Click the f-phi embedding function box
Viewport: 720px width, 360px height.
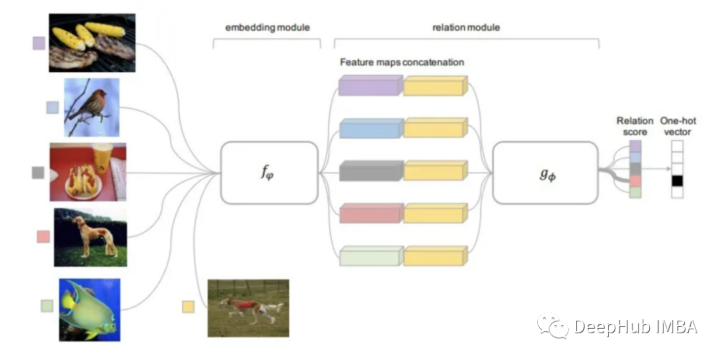click(269, 173)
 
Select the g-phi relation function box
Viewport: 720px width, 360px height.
click(545, 173)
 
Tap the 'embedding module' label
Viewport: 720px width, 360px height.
click(267, 27)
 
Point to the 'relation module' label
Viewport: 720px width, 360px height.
click(466, 27)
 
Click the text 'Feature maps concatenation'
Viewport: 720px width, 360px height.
click(402, 62)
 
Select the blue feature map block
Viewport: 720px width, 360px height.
click(371, 128)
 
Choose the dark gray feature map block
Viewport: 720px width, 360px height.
click(371, 171)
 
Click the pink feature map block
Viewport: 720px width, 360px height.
click(371, 213)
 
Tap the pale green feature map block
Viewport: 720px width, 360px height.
click(371, 256)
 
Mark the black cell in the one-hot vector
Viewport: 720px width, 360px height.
click(677, 181)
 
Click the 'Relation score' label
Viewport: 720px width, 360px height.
click(635, 126)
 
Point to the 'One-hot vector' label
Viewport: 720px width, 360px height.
click(678, 126)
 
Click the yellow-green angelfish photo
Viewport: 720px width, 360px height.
click(89, 309)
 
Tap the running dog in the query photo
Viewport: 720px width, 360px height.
click(251, 309)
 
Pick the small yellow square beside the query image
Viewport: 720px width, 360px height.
click(188, 306)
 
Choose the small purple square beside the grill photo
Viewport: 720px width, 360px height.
click(39, 43)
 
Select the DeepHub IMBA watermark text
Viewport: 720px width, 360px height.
click(636, 327)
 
